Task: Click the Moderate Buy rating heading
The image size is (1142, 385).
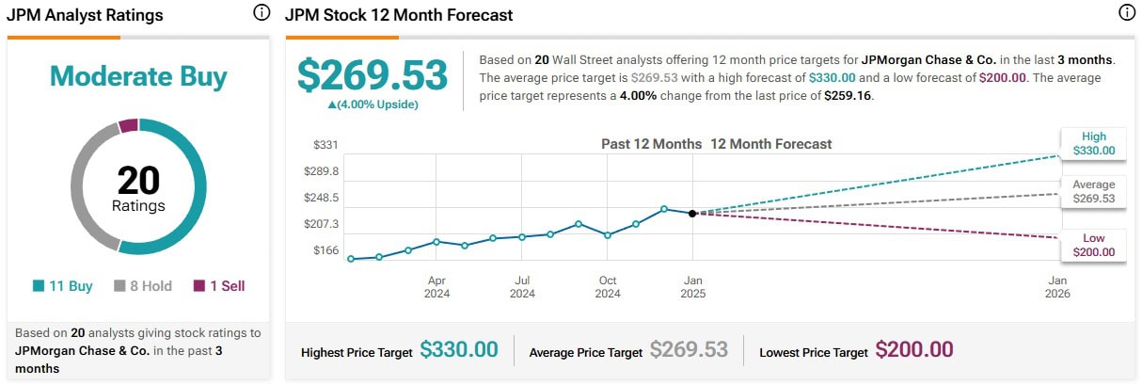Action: click(138, 76)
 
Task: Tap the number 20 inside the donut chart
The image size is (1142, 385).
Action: click(138, 180)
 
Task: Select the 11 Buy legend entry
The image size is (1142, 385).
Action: click(62, 286)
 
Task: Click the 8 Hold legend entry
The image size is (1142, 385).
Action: click(143, 286)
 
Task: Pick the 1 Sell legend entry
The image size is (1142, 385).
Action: click(219, 286)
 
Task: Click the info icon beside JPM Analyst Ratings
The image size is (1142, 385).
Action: click(262, 13)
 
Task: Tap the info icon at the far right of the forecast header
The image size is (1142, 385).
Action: click(1126, 13)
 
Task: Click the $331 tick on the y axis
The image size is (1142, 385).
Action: click(325, 145)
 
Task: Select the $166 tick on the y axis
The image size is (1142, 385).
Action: click(325, 249)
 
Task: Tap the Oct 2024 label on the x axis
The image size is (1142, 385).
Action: click(608, 287)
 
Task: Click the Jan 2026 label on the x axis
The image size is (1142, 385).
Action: click(1057, 287)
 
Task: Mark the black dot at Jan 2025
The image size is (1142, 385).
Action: click(692, 214)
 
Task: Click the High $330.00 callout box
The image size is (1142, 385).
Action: click(1093, 143)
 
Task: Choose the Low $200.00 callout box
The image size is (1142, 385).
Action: click(1093, 245)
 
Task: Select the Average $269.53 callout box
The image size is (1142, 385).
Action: click(1093, 192)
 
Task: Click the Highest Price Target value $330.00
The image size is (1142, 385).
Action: click(458, 350)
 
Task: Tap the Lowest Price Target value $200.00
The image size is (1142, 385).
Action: click(913, 350)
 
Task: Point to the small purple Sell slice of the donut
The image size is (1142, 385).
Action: click(129, 126)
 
